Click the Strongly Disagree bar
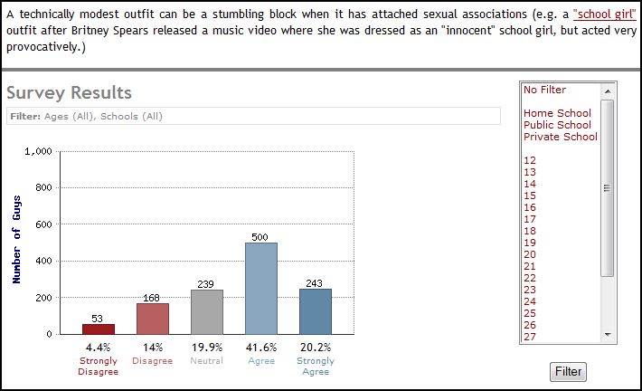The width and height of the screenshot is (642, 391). [x=99, y=329]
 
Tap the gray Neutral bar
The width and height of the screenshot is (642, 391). [x=207, y=312]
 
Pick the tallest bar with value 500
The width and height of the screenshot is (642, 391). [x=261, y=288]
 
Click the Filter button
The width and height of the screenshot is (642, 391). [x=568, y=371]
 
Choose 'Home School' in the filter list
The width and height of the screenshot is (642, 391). [x=557, y=113]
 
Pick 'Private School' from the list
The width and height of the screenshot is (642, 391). [x=561, y=137]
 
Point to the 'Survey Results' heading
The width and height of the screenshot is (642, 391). [x=69, y=92]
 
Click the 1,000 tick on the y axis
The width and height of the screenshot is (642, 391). [x=37, y=151]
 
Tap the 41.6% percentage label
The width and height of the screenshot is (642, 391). [x=261, y=347]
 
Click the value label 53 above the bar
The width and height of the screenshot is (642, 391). [x=99, y=319]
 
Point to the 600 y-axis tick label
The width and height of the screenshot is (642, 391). [x=43, y=224]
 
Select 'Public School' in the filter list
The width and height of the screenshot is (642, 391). [x=557, y=125]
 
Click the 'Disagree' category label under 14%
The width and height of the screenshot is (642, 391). [x=152, y=360]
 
